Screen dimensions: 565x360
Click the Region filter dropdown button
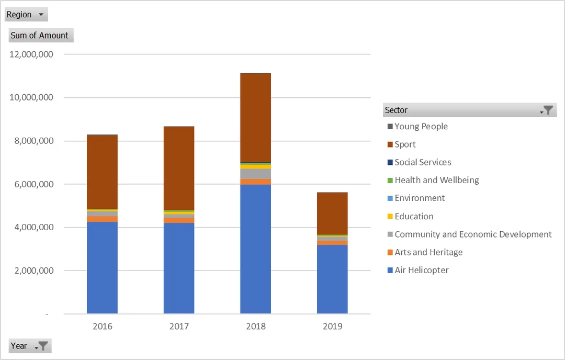[x=26, y=15]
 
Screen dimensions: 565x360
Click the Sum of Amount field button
[x=41, y=35]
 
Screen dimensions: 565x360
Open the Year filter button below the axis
[x=30, y=346]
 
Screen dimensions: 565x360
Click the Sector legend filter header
[x=469, y=110]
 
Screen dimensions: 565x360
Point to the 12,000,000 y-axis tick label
[x=31, y=54]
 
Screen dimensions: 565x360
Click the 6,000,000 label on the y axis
[x=34, y=184]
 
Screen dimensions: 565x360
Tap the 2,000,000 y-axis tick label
[x=34, y=271]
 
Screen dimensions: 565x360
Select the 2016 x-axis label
[x=103, y=327]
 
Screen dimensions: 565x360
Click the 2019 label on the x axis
[x=332, y=327]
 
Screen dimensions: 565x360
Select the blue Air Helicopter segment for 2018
[x=255, y=249]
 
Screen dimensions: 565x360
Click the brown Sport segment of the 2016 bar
[x=103, y=172]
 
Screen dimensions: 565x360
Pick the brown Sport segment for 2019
[x=332, y=213]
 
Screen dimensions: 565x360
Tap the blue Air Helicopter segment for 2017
[x=179, y=268]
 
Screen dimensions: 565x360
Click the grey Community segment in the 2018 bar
[x=255, y=174]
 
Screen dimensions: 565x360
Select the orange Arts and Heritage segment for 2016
[x=103, y=219]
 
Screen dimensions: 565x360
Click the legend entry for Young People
[x=417, y=127]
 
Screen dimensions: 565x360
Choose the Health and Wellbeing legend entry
[x=433, y=180]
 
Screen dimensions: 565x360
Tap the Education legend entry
[x=411, y=216]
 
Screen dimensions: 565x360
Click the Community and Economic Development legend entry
[x=469, y=234]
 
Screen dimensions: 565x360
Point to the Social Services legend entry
[x=420, y=162]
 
